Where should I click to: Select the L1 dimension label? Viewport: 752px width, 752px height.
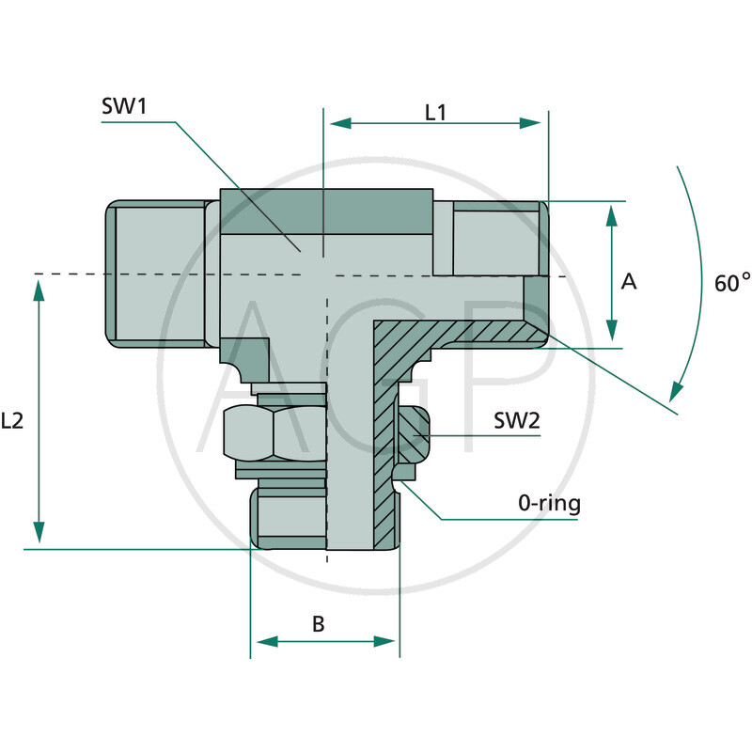435,113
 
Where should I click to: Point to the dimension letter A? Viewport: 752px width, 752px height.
630,281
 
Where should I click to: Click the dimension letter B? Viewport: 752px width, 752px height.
319,623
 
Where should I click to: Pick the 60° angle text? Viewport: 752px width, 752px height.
732,282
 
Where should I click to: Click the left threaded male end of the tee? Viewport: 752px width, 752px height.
155,274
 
